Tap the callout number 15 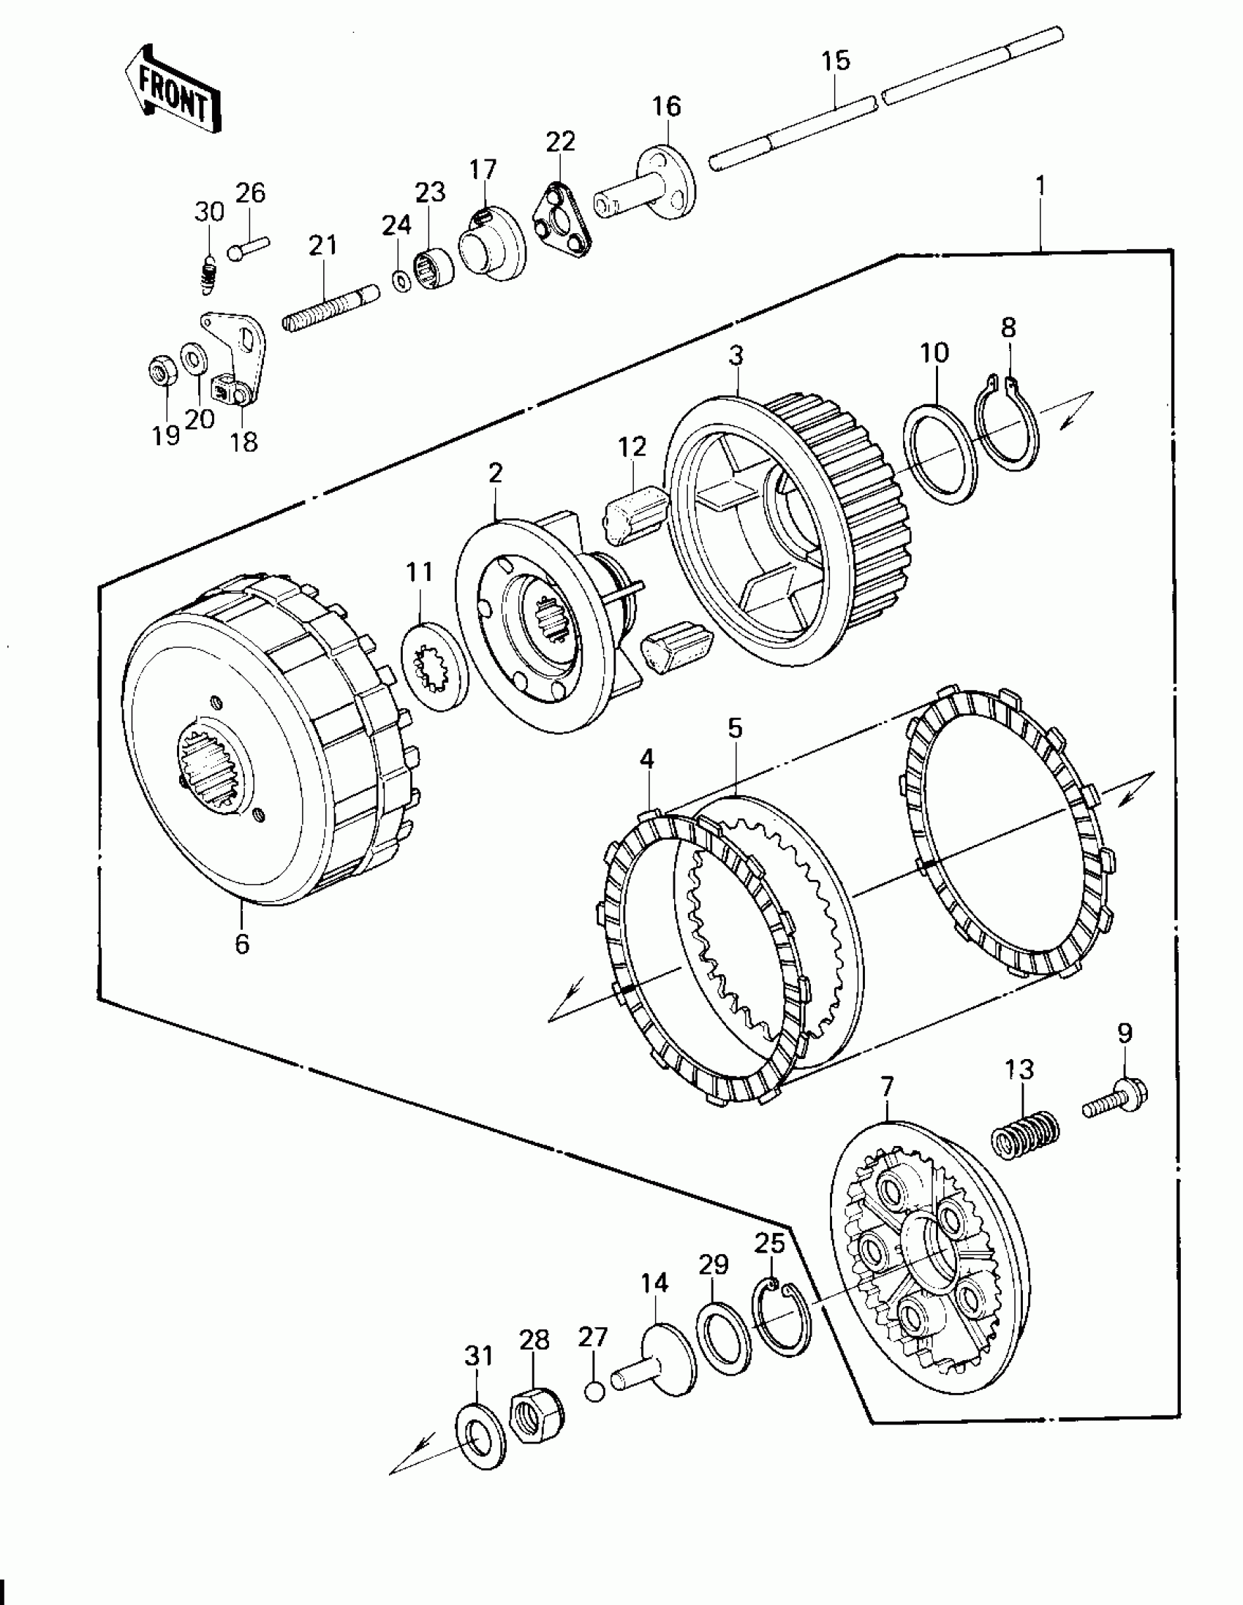coord(835,60)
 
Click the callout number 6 coord(242,944)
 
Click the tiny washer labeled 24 coord(402,281)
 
